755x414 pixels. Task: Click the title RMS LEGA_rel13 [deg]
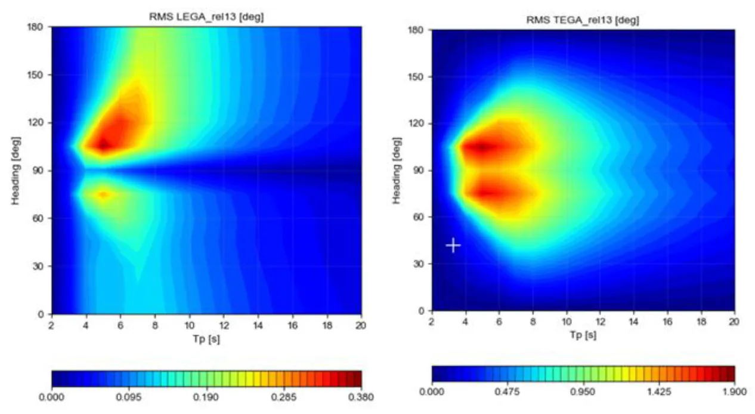pyautogui.click(x=206, y=17)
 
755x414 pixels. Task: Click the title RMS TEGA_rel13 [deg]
pyautogui.click(x=583, y=19)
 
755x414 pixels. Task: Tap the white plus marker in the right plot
pyautogui.click(x=453, y=245)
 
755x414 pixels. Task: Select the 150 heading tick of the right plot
pyautogui.click(x=419, y=77)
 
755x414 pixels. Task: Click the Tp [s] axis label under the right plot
pyautogui.click(x=583, y=335)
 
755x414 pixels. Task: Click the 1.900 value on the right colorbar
pyautogui.click(x=734, y=391)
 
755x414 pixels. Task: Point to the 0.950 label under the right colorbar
pyautogui.click(x=583, y=391)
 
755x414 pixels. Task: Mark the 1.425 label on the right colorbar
pyautogui.click(x=658, y=391)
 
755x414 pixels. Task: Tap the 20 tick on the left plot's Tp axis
pyautogui.click(x=361, y=325)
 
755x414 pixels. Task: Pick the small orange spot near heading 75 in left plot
pyautogui.click(x=104, y=194)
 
